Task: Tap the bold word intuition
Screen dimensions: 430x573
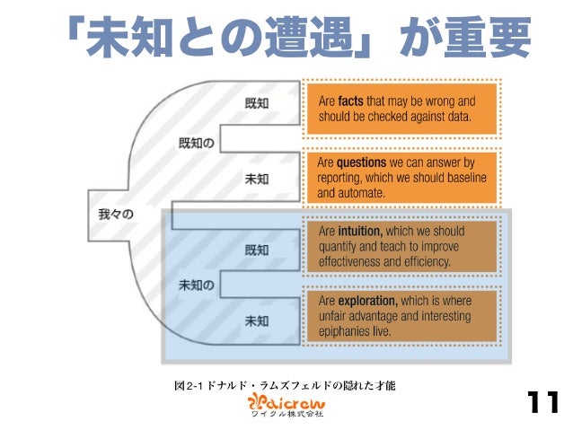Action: (364, 231)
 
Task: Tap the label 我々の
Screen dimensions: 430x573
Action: (115, 214)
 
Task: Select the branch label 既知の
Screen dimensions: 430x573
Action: (196, 143)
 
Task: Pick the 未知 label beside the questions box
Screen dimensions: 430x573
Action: (257, 179)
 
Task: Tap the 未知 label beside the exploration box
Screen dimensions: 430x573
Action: (257, 320)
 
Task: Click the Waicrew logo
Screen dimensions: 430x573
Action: (285, 399)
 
